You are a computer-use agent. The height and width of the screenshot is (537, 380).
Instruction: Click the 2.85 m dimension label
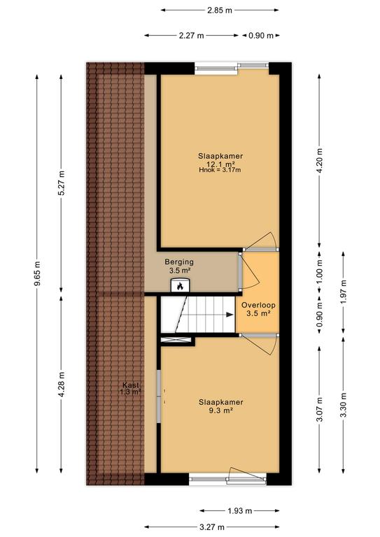point(220,10)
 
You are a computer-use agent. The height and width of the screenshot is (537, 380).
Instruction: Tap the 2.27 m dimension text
point(191,35)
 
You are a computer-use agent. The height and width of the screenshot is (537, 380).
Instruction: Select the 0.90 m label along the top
point(261,35)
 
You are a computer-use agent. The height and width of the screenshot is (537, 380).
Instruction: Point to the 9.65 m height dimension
point(37,273)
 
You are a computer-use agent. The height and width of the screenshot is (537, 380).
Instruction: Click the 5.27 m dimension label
point(62,182)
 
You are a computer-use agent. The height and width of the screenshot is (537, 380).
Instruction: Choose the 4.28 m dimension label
point(62,385)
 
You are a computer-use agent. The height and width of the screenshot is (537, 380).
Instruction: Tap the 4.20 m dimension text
point(320,160)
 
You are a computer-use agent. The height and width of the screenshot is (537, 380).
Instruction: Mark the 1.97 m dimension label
point(344,292)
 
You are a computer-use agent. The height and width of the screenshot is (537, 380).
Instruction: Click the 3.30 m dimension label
point(344,405)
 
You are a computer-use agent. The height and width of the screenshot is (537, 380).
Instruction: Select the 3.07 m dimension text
point(320,410)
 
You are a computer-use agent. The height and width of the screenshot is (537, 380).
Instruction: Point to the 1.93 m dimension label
point(240,511)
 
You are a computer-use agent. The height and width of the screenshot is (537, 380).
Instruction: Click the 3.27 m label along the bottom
point(212,527)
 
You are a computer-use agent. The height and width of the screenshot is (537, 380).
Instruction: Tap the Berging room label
point(179,262)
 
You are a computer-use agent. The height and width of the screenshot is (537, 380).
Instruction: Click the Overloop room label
point(258,305)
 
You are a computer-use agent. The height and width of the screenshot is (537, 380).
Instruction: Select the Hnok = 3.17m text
point(220,169)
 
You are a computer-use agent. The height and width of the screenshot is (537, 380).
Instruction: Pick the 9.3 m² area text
point(221,410)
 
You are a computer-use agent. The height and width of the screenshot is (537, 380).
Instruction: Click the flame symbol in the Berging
point(181,286)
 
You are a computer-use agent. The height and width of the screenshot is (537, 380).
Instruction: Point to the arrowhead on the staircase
point(230,315)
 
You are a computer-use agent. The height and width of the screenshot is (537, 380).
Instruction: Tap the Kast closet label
point(131,385)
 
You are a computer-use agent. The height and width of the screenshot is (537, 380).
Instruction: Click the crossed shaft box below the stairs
point(176,340)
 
